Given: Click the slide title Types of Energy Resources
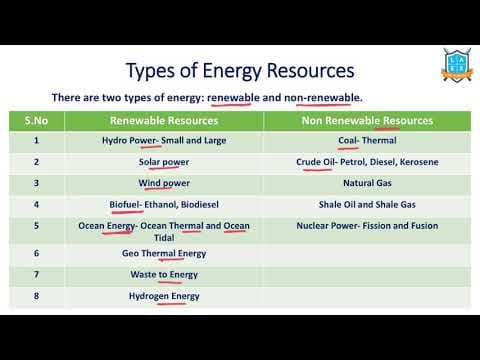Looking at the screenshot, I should point(240,71).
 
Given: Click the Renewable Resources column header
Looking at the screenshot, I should point(164,120).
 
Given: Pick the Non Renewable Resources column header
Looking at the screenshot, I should point(367,120).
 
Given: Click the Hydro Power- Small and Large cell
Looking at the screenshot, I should point(164,141).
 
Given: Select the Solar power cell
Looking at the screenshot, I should point(164,162).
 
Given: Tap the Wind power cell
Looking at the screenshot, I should point(164,184).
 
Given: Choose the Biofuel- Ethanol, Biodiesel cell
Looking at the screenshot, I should point(164,205).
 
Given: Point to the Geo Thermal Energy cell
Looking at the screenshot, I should point(164,254).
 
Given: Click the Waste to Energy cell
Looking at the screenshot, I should point(164,275).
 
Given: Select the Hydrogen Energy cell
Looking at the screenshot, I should point(164,296).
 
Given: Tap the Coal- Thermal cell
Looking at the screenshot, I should point(367,141).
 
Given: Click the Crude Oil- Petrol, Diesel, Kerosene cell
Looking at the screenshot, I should point(367,162).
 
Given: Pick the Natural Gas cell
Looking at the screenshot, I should point(367,184).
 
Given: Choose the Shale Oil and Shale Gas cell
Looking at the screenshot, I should point(367,205).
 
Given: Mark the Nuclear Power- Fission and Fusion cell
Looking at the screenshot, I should point(367,226).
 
